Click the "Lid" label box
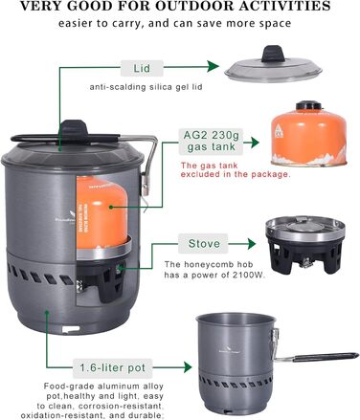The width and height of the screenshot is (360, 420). click(x=142, y=68)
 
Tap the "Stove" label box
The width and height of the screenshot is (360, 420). click(x=203, y=244)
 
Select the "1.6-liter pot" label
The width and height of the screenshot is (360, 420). click(x=113, y=367)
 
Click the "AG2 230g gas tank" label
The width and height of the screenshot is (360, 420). click(x=211, y=141)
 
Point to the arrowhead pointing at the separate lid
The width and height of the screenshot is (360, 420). click(x=214, y=67)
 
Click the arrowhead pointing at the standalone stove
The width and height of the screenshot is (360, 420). click(x=251, y=244)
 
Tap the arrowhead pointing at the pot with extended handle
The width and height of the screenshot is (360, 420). click(x=187, y=367)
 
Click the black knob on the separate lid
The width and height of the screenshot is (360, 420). click(x=273, y=54)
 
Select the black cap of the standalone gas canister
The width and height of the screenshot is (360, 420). click(x=309, y=105)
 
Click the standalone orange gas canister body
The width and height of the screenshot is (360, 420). click(x=308, y=138)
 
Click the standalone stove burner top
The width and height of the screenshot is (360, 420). click(x=305, y=229)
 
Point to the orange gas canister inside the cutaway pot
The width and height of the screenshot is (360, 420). click(x=101, y=212)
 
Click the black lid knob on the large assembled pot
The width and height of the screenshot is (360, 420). click(x=74, y=129)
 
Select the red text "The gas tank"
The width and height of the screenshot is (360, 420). click(x=210, y=166)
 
